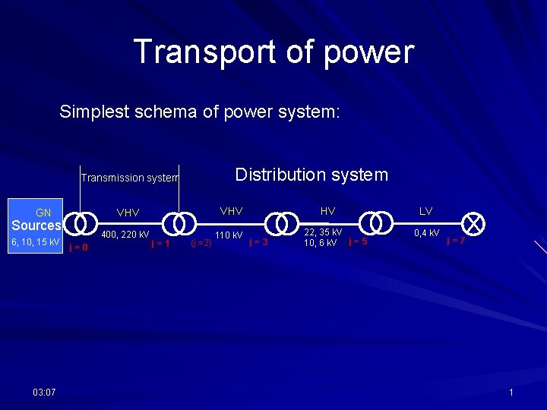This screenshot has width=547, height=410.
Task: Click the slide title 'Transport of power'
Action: [273, 52]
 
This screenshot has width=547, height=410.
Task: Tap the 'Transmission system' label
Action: [129, 178]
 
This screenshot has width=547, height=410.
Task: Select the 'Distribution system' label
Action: [311, 175]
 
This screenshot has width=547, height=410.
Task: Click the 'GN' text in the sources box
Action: [43, 213]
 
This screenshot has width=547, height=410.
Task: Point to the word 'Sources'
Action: [36, 225]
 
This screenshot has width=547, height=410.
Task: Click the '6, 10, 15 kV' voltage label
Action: [34, 242]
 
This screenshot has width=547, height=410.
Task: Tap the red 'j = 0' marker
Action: [78, 247]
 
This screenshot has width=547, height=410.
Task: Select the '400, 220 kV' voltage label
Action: [125, 235]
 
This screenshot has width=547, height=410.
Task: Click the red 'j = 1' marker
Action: [160, 244]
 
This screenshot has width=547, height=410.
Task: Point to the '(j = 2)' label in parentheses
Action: [201, 244]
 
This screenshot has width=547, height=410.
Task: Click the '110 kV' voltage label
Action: [229, 235]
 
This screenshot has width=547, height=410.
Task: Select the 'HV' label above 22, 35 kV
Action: [327, 210]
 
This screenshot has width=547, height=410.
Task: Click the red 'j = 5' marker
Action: [358, 242]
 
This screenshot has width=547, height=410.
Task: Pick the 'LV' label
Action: [425, 210]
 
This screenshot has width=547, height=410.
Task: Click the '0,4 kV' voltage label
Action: [427, 233]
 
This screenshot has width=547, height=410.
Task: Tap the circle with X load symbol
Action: [473, 222]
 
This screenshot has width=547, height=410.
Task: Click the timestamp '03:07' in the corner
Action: [44, 392]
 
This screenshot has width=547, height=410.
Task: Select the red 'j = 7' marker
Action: [456, 241]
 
